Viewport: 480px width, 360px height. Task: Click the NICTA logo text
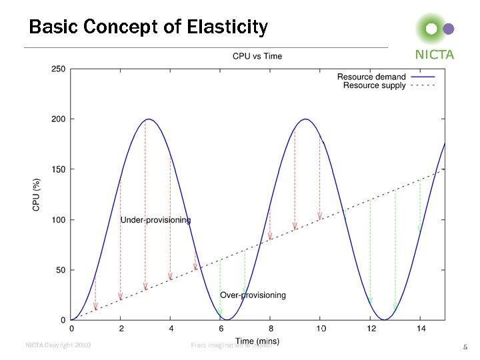(x=434, y=55)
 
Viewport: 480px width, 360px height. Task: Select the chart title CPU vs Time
(x=257, y=56)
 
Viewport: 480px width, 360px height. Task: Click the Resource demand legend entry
(x=371, y=77)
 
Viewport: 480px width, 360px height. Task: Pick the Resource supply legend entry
(x=374, y=85)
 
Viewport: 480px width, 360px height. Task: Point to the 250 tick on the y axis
(x=58, y=69)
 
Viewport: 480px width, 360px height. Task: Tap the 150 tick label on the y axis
(x=58, y=169)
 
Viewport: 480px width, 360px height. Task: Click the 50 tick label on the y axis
(x=60, y=270)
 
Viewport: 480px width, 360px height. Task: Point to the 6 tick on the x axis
(x=221, y=329)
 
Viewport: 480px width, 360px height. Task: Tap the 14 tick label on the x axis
(x=419, y=329)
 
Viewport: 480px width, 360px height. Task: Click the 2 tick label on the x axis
(x=121, y=329)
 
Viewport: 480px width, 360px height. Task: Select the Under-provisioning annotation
(x=155, y=220)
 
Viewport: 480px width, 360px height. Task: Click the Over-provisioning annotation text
(x=253, y=295)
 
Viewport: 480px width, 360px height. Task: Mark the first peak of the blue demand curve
(x=149, y=120)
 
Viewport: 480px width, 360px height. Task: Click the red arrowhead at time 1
(x=95, y=307)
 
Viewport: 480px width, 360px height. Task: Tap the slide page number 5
(x=465, y=347)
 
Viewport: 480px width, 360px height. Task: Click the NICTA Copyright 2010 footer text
(x=57, y=345)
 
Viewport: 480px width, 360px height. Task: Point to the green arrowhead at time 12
(x=370, y=301)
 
